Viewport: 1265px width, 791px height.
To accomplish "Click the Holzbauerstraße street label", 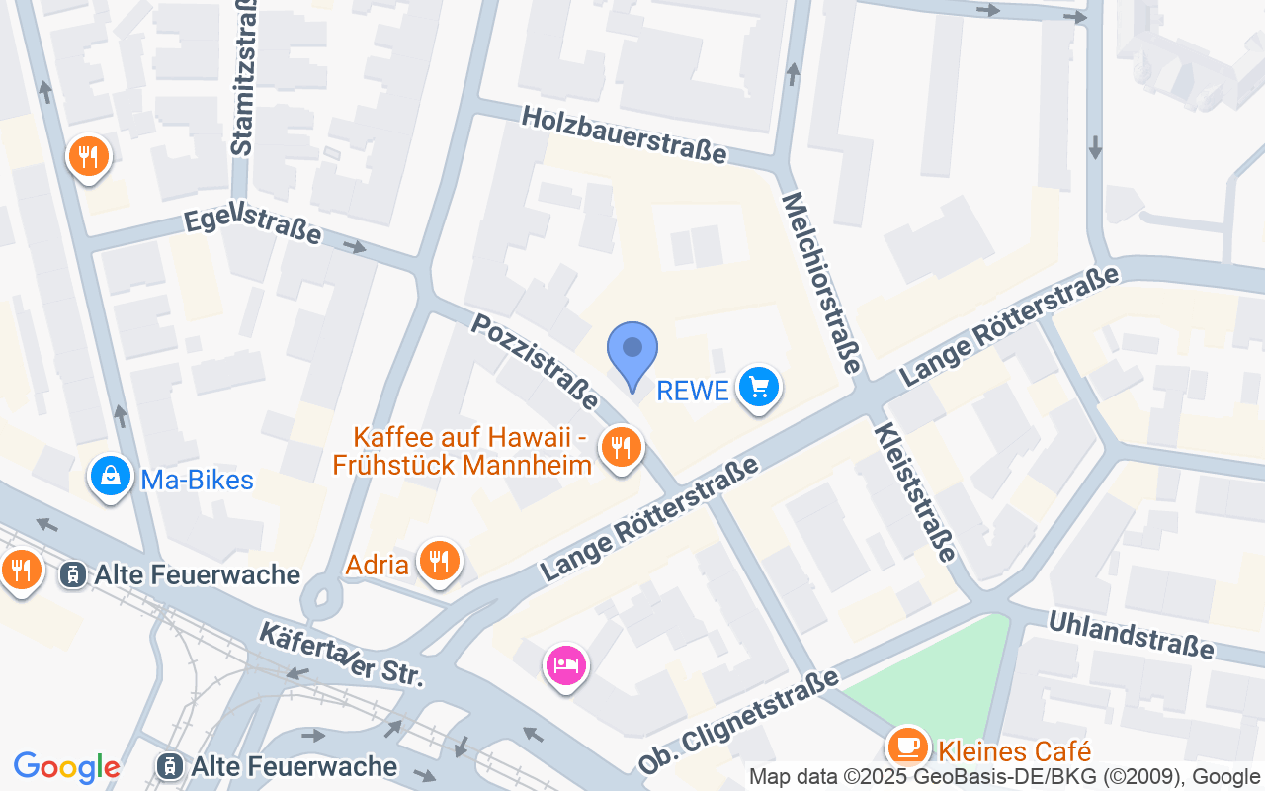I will point(624,135).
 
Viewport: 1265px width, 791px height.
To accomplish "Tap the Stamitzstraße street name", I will point(243,76).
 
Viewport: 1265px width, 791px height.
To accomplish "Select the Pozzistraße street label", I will point(535,361).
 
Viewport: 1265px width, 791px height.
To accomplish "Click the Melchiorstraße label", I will point(821,282).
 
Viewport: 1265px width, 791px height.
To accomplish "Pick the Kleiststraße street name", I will point(916,491).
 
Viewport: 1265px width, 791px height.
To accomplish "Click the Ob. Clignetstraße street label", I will point(737,721).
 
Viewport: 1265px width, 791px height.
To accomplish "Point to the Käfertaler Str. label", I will point(341,656).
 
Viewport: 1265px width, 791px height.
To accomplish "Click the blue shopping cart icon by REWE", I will point(758,387).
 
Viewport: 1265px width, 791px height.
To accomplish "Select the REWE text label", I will point(693,391).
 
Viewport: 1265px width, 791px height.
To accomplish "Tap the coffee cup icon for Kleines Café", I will point(906,746).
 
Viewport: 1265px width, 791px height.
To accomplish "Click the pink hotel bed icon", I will point(565,664).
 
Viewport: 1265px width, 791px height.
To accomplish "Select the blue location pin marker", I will point(632,351).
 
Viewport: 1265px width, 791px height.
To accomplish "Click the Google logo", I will point(66,767).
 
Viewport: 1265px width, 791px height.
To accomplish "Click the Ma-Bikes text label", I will point(198,481).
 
